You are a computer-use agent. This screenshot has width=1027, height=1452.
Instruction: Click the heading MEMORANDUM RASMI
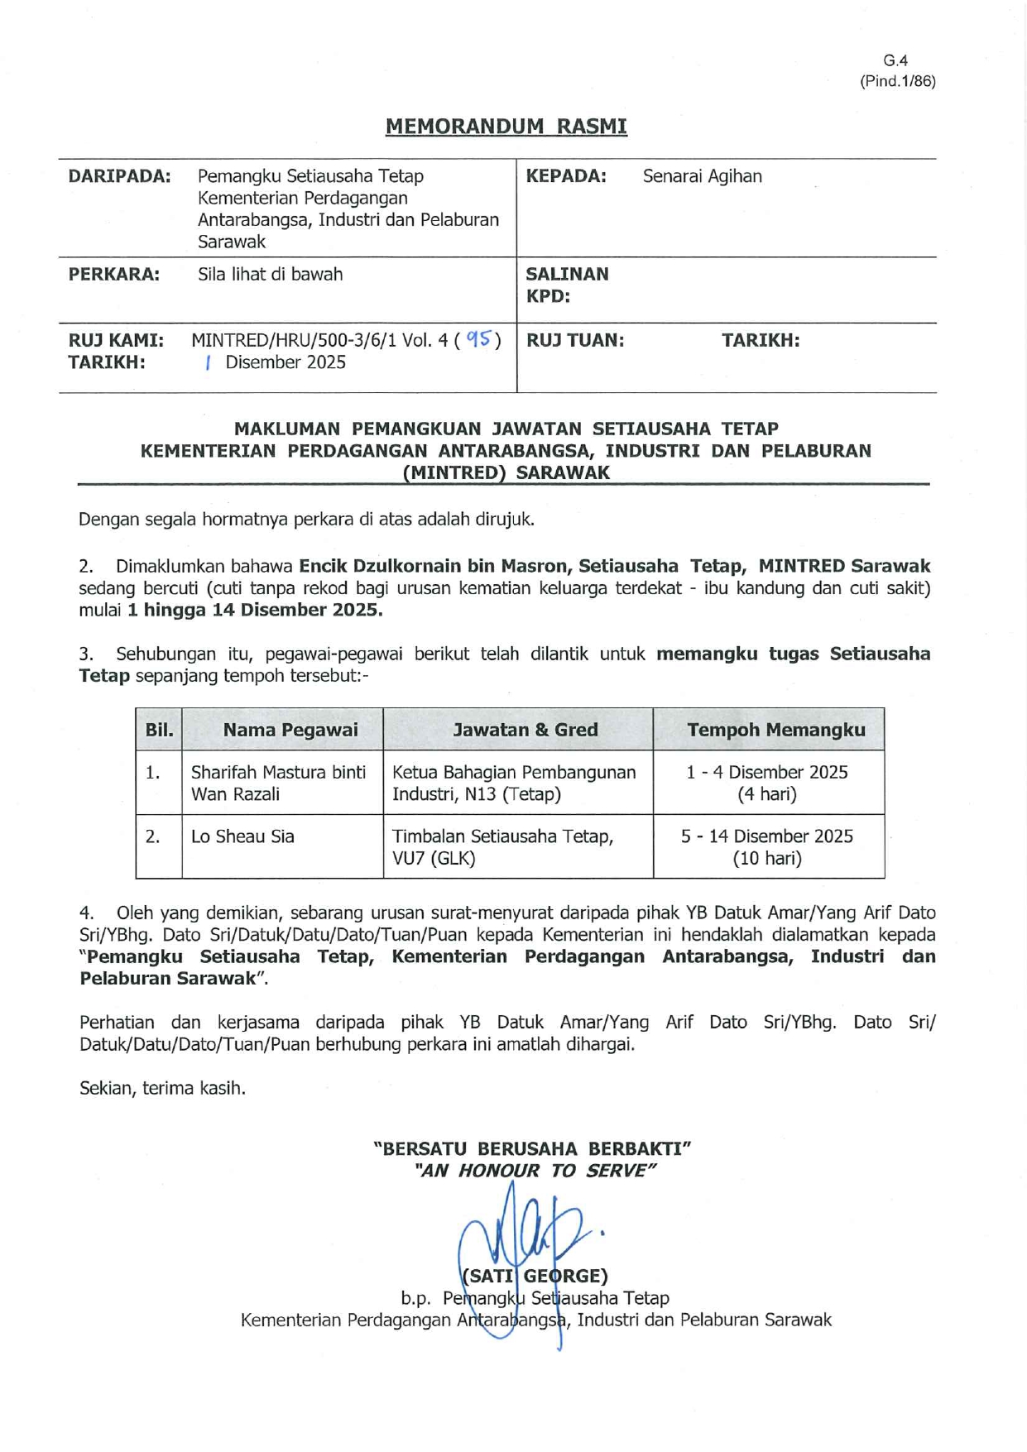pyautogui.click(x=506, y=127)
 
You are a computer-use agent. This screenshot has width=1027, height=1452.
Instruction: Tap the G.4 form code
pyautogui.click(x=895, y=60)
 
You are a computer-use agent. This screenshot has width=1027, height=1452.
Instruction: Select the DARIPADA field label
pyautogui.click(x=119, y=176)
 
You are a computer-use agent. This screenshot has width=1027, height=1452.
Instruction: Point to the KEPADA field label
pyautogui.click(x=566, y=176)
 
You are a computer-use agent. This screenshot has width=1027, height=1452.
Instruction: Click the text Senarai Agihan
pyautogui.click(x=702, y=176)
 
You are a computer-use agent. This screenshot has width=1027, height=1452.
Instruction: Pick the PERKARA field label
pyautogui.click(x=113, y=275)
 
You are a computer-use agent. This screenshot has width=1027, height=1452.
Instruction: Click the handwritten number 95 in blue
pyautogui.click(x=479, y=339)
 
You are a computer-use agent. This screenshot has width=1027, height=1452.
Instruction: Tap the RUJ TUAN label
pyautogui.click(x=574, y=340)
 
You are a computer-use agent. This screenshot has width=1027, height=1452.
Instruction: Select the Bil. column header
pyautogui.click(x=159, y=730)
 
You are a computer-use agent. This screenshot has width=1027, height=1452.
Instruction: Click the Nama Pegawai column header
pyautogui.click(x=290, y=730)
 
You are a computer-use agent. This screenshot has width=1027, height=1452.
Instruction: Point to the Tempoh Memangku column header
pyautogui.click(x=775, y=730)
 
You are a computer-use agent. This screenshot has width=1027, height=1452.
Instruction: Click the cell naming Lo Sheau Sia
pyautogui.click(x=242, y=836)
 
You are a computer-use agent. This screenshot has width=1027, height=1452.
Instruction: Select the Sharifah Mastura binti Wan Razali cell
pyautogui.click(x=278, y=783)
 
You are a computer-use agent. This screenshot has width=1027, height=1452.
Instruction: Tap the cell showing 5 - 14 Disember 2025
pyautogui.click(x=766, y=836)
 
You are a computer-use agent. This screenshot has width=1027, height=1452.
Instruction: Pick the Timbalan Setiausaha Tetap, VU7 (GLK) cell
pyautogui.click(x=502, y=847)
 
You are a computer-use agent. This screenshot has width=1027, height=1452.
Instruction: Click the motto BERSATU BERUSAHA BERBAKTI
pyautogui.click(x=532, y=1148)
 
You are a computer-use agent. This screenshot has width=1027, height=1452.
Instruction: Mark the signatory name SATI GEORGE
pyautogui.click(x=535, y=1276)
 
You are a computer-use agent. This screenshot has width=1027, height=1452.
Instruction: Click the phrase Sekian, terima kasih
pyautogui.click(x=162, y=1088)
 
